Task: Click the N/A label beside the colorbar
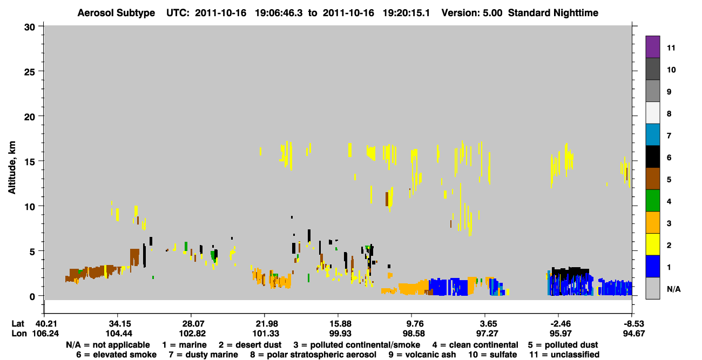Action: [x=673, y=289]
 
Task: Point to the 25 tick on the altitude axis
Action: [x=30, y=72]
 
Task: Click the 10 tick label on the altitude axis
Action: [x=30, y=207]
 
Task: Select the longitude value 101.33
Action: [x=266, y=334]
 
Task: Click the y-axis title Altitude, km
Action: [x=12, y=168]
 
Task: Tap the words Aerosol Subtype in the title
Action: [x=116, y=13]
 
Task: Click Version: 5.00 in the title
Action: [x=472, y=13]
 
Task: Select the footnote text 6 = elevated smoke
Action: [x=116, y=355]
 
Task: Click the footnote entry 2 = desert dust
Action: [x=250, y=345]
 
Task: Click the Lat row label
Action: [x=18, y=324]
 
